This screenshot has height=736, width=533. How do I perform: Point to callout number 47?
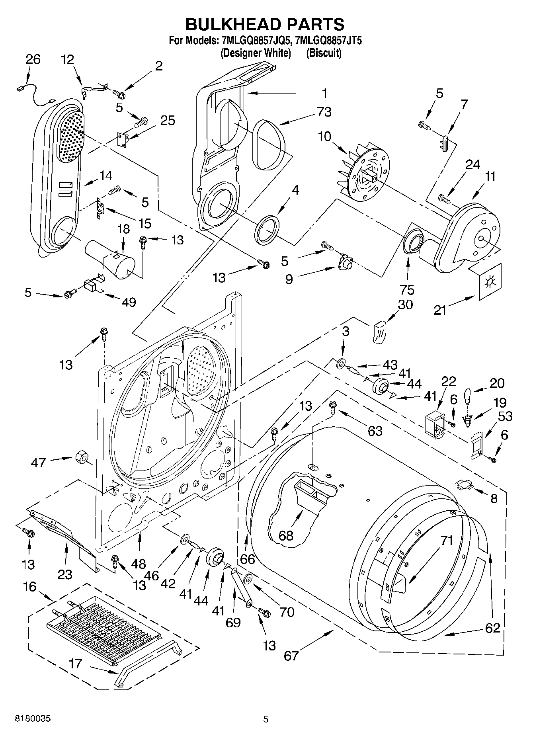[38, 463]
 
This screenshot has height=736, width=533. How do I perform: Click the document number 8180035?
[33, 719]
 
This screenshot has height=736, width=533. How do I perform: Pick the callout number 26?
[33, 59]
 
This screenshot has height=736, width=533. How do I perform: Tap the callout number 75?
[408, 289]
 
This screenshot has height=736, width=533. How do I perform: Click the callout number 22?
[448, 381]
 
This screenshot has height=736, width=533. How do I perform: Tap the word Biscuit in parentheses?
[324, 53]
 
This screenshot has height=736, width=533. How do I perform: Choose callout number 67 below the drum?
[291, 655]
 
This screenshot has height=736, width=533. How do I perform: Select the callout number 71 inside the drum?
[447, 541]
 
